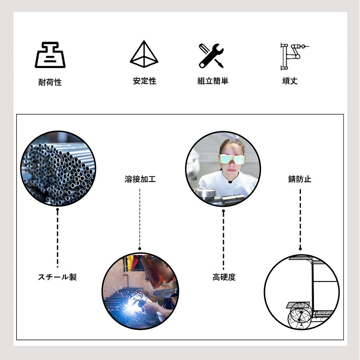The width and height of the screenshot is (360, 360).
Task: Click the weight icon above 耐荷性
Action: [50, 55]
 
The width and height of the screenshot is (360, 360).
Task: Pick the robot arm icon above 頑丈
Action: [294, 56]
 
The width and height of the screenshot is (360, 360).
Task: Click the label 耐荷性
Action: [50, 82]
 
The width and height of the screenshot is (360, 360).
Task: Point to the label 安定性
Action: [145, 81]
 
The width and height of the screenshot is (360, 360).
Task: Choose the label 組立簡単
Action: [213, 81]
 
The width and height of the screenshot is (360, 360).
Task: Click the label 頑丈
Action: [290, 81]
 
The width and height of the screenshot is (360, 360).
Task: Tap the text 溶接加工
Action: [140, 179]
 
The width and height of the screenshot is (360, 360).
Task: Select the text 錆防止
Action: [300, 179]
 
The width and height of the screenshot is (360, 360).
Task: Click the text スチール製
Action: [57, 277]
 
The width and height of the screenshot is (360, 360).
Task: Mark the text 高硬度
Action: [224, 277]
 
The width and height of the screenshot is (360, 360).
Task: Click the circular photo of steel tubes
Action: [58, 168]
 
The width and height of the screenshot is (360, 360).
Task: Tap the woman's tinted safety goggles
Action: [232, 159]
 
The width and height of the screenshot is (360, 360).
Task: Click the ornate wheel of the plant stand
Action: [300, 316]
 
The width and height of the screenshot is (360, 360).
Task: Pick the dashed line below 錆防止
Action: [300, 220]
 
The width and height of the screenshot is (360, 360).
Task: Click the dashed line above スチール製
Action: [57, 238]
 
